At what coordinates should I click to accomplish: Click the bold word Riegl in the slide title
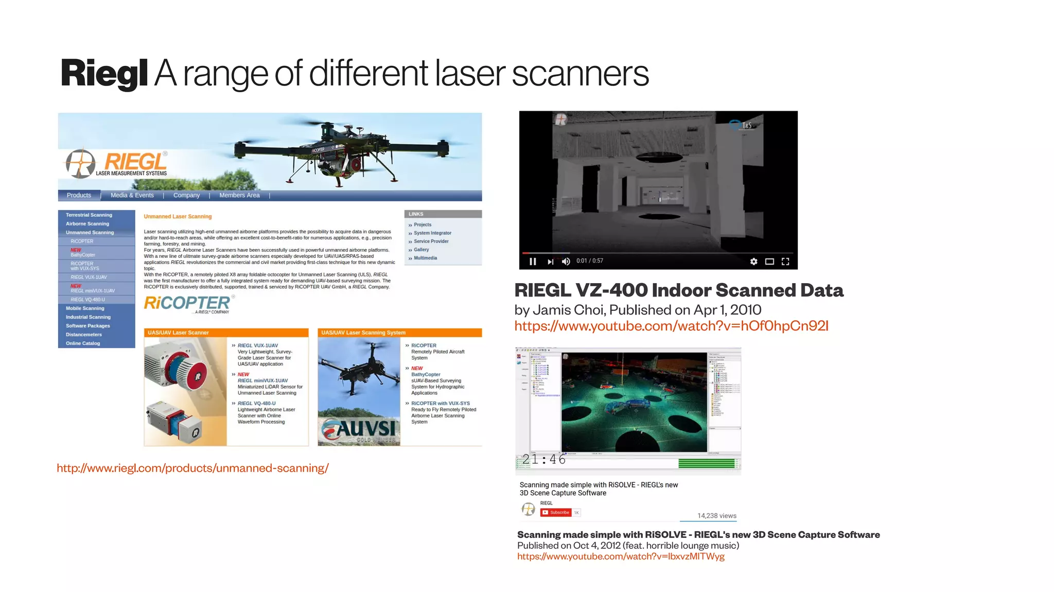[x=104, y=74]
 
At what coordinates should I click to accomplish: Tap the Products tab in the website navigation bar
[x=79, y=196]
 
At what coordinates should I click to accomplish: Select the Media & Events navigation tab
[x=132, y=196]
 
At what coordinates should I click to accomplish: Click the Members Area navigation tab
[x=239, y=196]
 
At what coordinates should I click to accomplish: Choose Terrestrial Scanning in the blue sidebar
[x=89, y=215]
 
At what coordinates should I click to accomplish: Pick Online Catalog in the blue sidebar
[x=83, y=343]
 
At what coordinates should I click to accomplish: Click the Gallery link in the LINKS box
[x=421, y=250]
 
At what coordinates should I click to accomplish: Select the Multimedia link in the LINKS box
[x=425, y=258]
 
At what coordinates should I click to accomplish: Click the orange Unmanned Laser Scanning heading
[x=178, y=217]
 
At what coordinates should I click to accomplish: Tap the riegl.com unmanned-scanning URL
[x=192, y=468]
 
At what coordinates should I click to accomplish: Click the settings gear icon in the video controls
[x=753, y=262]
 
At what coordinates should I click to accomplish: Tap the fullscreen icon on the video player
[x=785, y=262]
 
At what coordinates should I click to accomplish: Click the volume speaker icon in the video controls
[x=566, y=262]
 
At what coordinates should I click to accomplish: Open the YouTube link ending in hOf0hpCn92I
[x=671, y=326]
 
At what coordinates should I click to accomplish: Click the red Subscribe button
[x=556, y=513]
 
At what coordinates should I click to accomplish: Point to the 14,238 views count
[x=716, y=516]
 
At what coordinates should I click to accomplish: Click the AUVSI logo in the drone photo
[x=359, y=430]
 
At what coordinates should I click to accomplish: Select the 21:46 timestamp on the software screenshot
[x=543, y=459]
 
